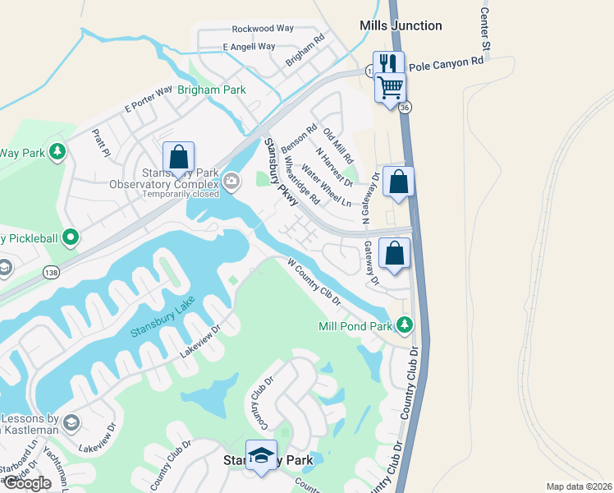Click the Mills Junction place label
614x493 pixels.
401,25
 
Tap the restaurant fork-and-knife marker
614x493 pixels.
386,63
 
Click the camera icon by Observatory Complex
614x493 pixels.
231,181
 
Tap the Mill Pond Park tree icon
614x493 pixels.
404,325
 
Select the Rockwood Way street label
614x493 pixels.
263,28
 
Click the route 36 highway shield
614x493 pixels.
404,107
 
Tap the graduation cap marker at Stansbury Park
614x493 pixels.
261,455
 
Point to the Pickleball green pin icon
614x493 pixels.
71,238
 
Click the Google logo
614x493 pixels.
27,483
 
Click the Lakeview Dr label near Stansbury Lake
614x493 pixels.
201,342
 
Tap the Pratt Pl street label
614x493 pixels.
101,142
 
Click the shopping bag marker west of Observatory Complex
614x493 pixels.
178,156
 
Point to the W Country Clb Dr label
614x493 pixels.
314,283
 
